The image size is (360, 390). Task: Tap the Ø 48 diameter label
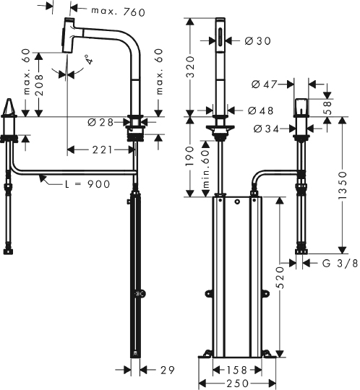(x=259, y=110)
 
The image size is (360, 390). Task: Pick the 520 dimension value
(x=279, y=277)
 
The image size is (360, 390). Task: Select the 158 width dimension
(x=232, y=370)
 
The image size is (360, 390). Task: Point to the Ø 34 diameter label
(x=267, y=129)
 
